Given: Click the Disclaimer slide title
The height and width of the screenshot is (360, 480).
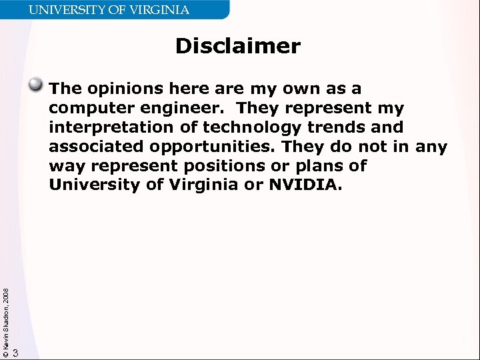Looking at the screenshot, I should point(238,47).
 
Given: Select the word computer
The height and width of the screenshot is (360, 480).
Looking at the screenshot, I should point(87,108).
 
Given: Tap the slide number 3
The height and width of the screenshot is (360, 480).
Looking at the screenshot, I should point(16,352).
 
